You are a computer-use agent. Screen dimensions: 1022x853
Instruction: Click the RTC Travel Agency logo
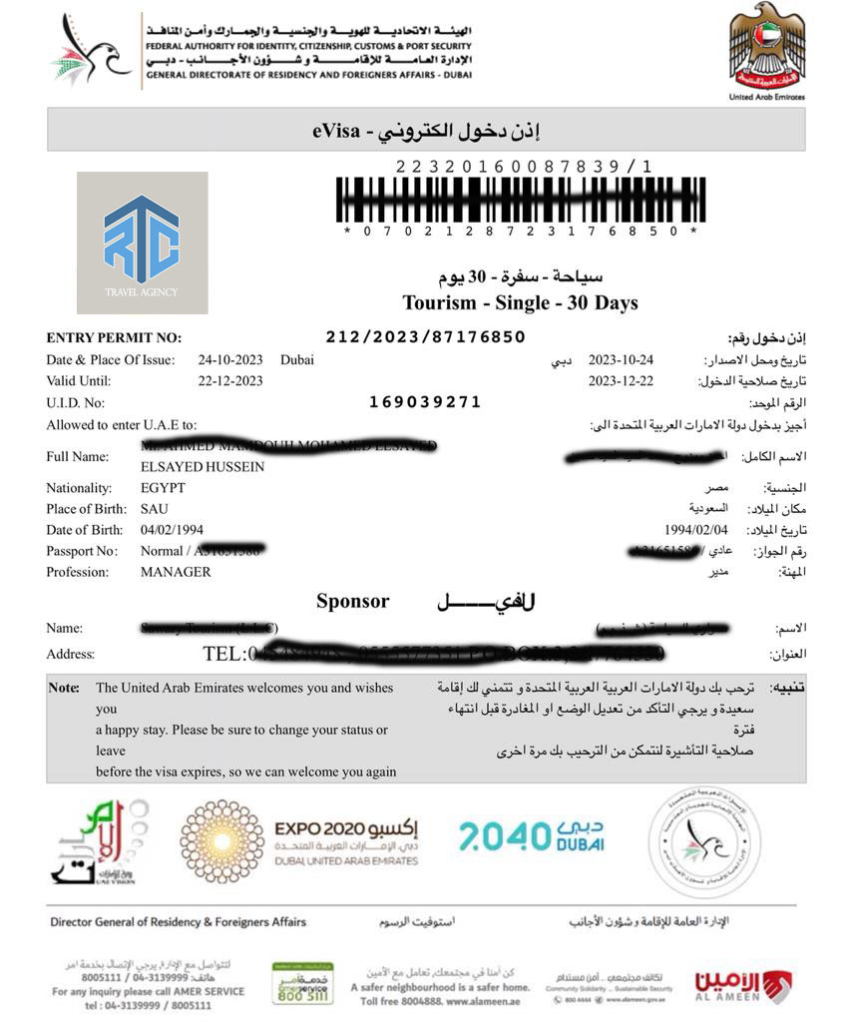[142, 243]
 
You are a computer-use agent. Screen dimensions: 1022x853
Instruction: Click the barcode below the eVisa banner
[520, 200]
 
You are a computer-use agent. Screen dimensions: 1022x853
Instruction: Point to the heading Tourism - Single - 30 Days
[520, 302]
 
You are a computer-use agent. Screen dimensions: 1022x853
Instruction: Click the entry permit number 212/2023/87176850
[425, 337]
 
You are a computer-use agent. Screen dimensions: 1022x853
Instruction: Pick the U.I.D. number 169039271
[425, 402]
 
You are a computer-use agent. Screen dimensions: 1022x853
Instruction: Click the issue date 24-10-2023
[230, 360]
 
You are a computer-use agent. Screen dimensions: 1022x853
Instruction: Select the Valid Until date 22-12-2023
[230, 381]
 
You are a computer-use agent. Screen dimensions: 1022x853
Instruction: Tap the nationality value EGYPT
[163, 488]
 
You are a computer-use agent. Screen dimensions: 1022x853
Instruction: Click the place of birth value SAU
[155, 509]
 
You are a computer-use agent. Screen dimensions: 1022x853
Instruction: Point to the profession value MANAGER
[176, 572]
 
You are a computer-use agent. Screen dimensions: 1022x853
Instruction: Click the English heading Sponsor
[353, 602]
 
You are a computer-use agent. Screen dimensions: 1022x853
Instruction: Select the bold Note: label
[64, 688]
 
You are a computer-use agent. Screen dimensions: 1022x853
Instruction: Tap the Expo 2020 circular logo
[222, 841]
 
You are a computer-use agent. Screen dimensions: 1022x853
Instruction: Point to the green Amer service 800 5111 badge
[302, 983]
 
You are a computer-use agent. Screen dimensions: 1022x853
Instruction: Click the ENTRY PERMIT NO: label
[114, 338]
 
